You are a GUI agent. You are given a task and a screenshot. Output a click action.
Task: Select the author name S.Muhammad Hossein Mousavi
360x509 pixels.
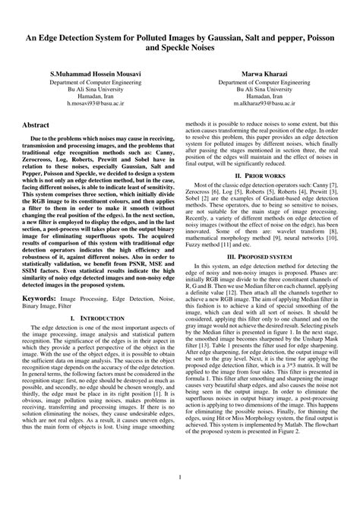click(x=94, y=74)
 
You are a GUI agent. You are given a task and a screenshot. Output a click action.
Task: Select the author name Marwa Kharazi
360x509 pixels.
click(x=262, y=74)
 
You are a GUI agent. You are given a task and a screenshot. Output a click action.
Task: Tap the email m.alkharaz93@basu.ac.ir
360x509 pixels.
click(x=262, y=110)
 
